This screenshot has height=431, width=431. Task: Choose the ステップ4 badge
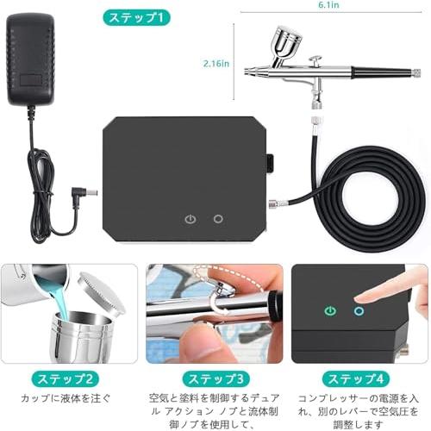(356, 378)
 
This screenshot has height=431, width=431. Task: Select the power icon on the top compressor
(190, 219)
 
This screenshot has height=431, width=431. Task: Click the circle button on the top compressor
(218, 219)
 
